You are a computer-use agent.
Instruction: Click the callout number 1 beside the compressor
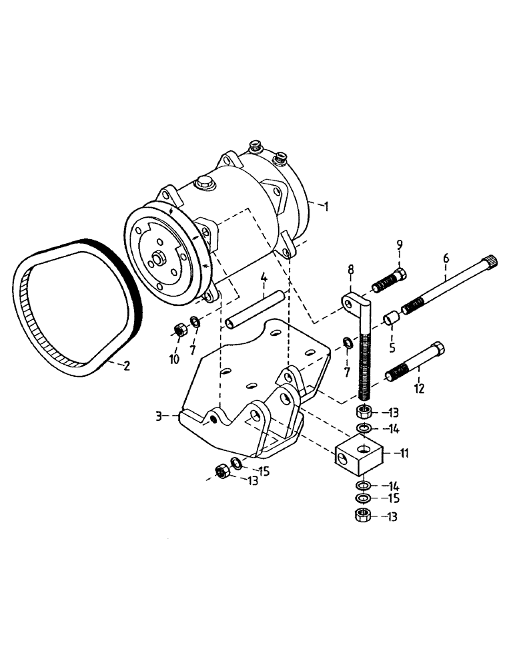pyautogui.click(x=326, y=206)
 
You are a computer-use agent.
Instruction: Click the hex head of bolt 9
pyautogui.click(x=401, y=274)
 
